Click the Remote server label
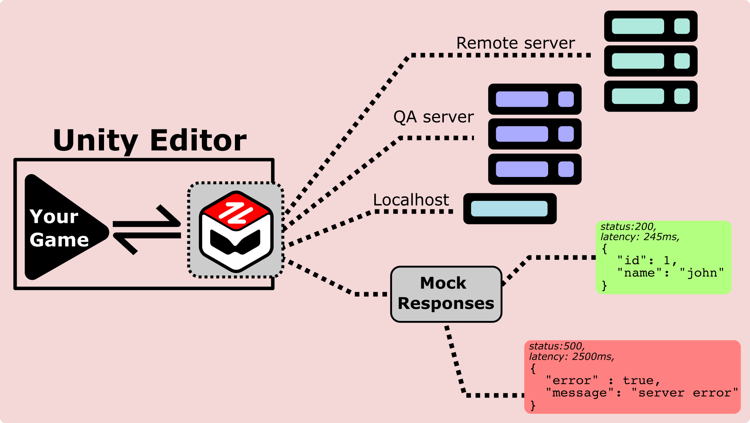click(x=515, y=43)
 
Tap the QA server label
click(x=433, y=117)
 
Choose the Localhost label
click(x=411, y=200)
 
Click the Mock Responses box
click(x=446, y=294)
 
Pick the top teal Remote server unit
click(x=651, y=26)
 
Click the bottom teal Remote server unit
click(x=651, y=96)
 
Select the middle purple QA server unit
click(x=535, y=134)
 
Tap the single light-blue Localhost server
click(x=510, y=209)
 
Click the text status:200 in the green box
click(x=628, y=227)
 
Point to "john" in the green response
click(x=702, y=273)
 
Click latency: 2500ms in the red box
click(x=571, y=356)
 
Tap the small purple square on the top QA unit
click(x=566, y=99)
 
